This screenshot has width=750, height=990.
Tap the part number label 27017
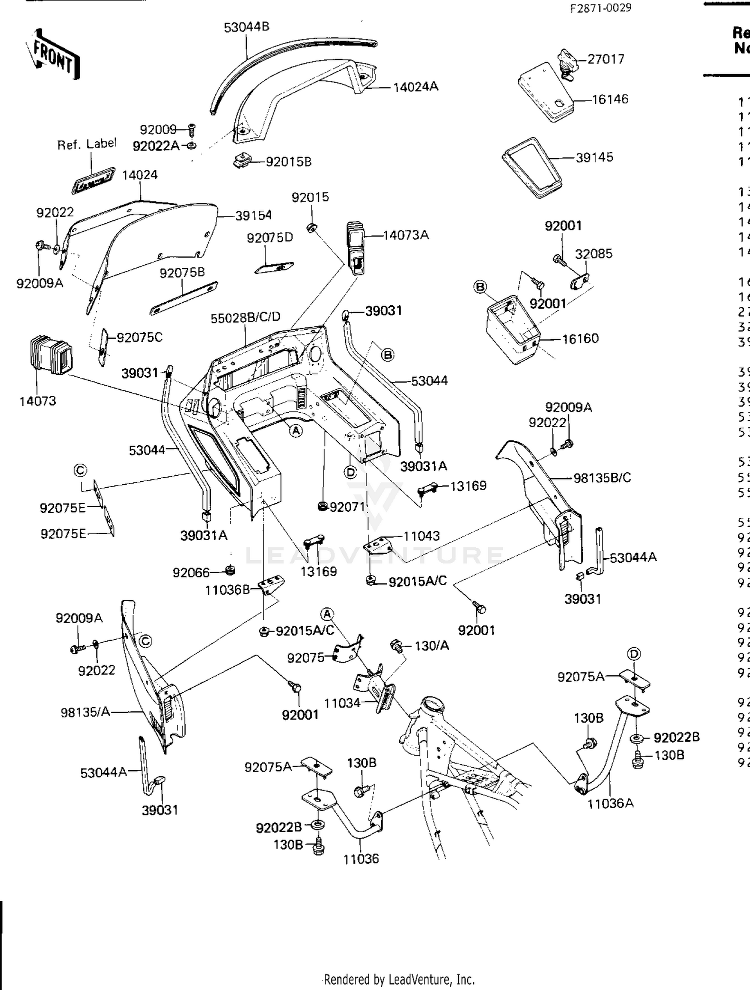point(605,59)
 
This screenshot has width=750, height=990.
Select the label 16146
point(610,99)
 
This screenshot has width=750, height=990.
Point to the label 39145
point(594,157)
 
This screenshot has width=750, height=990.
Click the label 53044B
point(246,27)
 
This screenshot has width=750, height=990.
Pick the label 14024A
point(415,86)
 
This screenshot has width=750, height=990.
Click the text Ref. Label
point(86,144)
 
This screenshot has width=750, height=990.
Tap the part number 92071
point(347,507)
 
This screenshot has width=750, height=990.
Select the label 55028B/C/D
point(245,317)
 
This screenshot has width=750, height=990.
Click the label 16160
point(580,338)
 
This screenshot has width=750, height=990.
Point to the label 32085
point(593,253)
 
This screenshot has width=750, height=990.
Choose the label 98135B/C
point(602,478)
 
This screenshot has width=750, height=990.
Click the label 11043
point(421,536)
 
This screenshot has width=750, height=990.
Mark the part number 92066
point(191,572)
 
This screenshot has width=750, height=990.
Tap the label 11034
point(342,703)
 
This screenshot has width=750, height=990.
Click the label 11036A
point(610,803)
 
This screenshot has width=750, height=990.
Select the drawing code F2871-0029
point(600,7)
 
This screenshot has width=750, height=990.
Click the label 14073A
point(405,235)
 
